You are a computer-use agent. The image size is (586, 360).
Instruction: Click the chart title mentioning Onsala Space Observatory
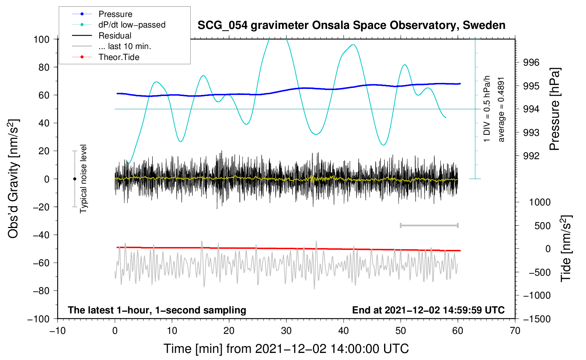pyautogui.click(x=351, y=25)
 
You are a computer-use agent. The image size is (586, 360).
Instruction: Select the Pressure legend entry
pyautogui.click(x=115, y=14)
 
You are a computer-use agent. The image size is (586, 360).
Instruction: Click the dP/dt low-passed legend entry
pyautogui.click(x=132, y=25)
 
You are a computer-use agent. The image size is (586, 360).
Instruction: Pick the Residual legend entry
pyautogui.click(x=115, y=36)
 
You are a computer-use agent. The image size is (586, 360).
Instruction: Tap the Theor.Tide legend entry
pyautogui.click(x=119, y=57)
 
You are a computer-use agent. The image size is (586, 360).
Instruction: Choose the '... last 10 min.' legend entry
pyautogui.click(x=125, y=46)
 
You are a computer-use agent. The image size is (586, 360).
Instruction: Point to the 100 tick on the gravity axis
pyautogui.click(x=41, y=39)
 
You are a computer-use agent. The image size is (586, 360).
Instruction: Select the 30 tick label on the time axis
pyautogui.click(x=286, y=331)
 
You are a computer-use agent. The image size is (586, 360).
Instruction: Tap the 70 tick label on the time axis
pyautogui.click(x=515, y=331)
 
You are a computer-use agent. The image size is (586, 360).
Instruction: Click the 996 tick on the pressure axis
pyautogui.click(x=531, y=63)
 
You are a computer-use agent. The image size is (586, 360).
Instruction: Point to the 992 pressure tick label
pyautogui.click(x=531, y=156)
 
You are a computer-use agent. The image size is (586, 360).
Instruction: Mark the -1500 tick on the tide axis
pyautogui.click(x=537, y=319)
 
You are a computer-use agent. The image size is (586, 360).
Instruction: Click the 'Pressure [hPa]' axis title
pyautogui.click(x=555, y=109)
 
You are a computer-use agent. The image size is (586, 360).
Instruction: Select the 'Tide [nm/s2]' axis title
pyautogui.click(x=566, y=248)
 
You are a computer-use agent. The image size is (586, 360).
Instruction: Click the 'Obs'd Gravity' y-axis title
pyautogui.click(x=13, y=179)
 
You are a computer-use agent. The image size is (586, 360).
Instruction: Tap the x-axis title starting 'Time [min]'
pyautogui.click(x=286, y=349)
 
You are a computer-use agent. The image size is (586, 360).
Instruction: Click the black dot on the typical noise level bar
pyautogui.click(x=74, y=179)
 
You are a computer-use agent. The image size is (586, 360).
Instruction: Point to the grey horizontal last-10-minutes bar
pyautogui.click(x=429, y=225)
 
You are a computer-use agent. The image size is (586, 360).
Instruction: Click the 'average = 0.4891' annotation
pyautogui.click(x=501, y=109)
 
